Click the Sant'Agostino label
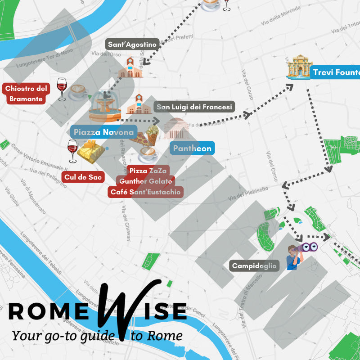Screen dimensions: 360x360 (x=132, y=45)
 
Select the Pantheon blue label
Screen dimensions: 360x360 (x=192, y=148)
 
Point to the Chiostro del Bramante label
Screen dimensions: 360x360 (x=26, y=94)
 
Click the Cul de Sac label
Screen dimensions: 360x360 (x=83, y=177)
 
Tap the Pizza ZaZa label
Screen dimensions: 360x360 (x=148, y=171)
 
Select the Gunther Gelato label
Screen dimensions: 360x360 (x=145, y=181)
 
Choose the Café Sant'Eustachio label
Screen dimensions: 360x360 (x=146, y=192)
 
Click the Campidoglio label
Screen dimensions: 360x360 (x=255, y=265)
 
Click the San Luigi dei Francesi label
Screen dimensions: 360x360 (x=194, y=107)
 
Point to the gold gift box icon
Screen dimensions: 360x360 (x=91, y=151)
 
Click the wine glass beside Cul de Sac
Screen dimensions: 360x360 (x=72, y=151)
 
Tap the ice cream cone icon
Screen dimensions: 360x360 (x=152, y=135)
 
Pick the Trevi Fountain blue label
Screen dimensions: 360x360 (x=336, y=72)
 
